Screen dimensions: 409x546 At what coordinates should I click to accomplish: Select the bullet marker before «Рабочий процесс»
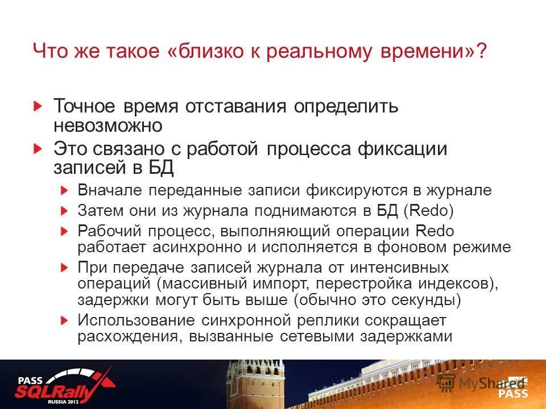coord(65,231)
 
